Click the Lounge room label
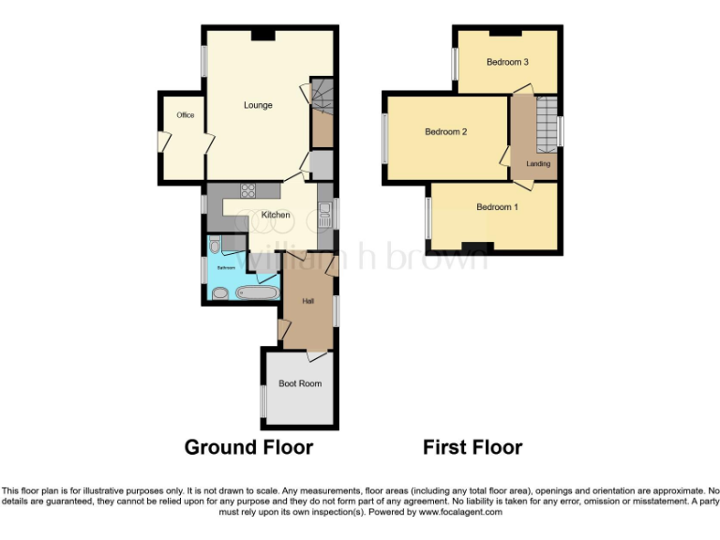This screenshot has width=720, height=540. pos(258,105)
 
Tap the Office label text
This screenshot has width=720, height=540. pos(185,115)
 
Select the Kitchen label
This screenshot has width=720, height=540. pos(275,215)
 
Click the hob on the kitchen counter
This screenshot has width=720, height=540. pos(249,190)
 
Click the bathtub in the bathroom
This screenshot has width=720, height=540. pos(256,292)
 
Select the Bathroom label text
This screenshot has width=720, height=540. pos(226,267)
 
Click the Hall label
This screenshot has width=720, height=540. pos(307,301)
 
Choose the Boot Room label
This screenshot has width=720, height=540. pos(300,383)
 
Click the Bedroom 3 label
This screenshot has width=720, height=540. pos(507,62)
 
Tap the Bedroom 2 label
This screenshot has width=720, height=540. pos(445,132)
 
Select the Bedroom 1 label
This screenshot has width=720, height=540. pos(497,207)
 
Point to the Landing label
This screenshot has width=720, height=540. pos(538,164)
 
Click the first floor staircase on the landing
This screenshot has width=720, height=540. pos(546,122)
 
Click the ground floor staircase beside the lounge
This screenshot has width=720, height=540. pos(322,108)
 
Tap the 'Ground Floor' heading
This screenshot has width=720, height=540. pos(248,447)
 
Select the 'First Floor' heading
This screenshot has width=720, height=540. pos(472,447)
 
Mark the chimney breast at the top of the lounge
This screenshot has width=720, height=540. pos(262,35)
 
